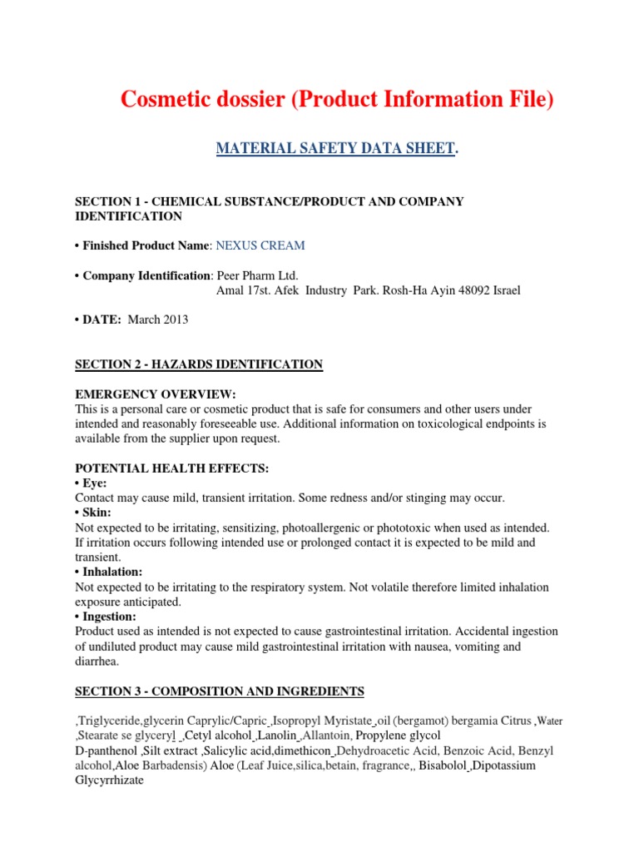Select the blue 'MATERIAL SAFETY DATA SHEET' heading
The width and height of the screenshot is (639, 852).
point(335,149)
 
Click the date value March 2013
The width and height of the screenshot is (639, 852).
point(158,320)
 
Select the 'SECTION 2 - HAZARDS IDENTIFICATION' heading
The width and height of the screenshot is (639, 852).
point(198,364)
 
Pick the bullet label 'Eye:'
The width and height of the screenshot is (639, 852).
point(94,483)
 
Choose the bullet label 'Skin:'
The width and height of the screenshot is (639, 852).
point(96,513)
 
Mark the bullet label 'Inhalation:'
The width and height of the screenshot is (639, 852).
point(112,572)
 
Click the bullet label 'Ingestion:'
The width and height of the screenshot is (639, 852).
point(109,617)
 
